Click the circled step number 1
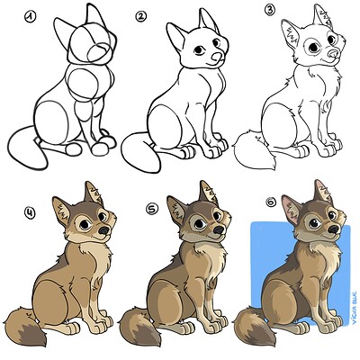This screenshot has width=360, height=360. [32, 15]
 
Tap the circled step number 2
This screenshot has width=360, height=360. [139, 15]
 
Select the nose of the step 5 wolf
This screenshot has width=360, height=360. [220, 231]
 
